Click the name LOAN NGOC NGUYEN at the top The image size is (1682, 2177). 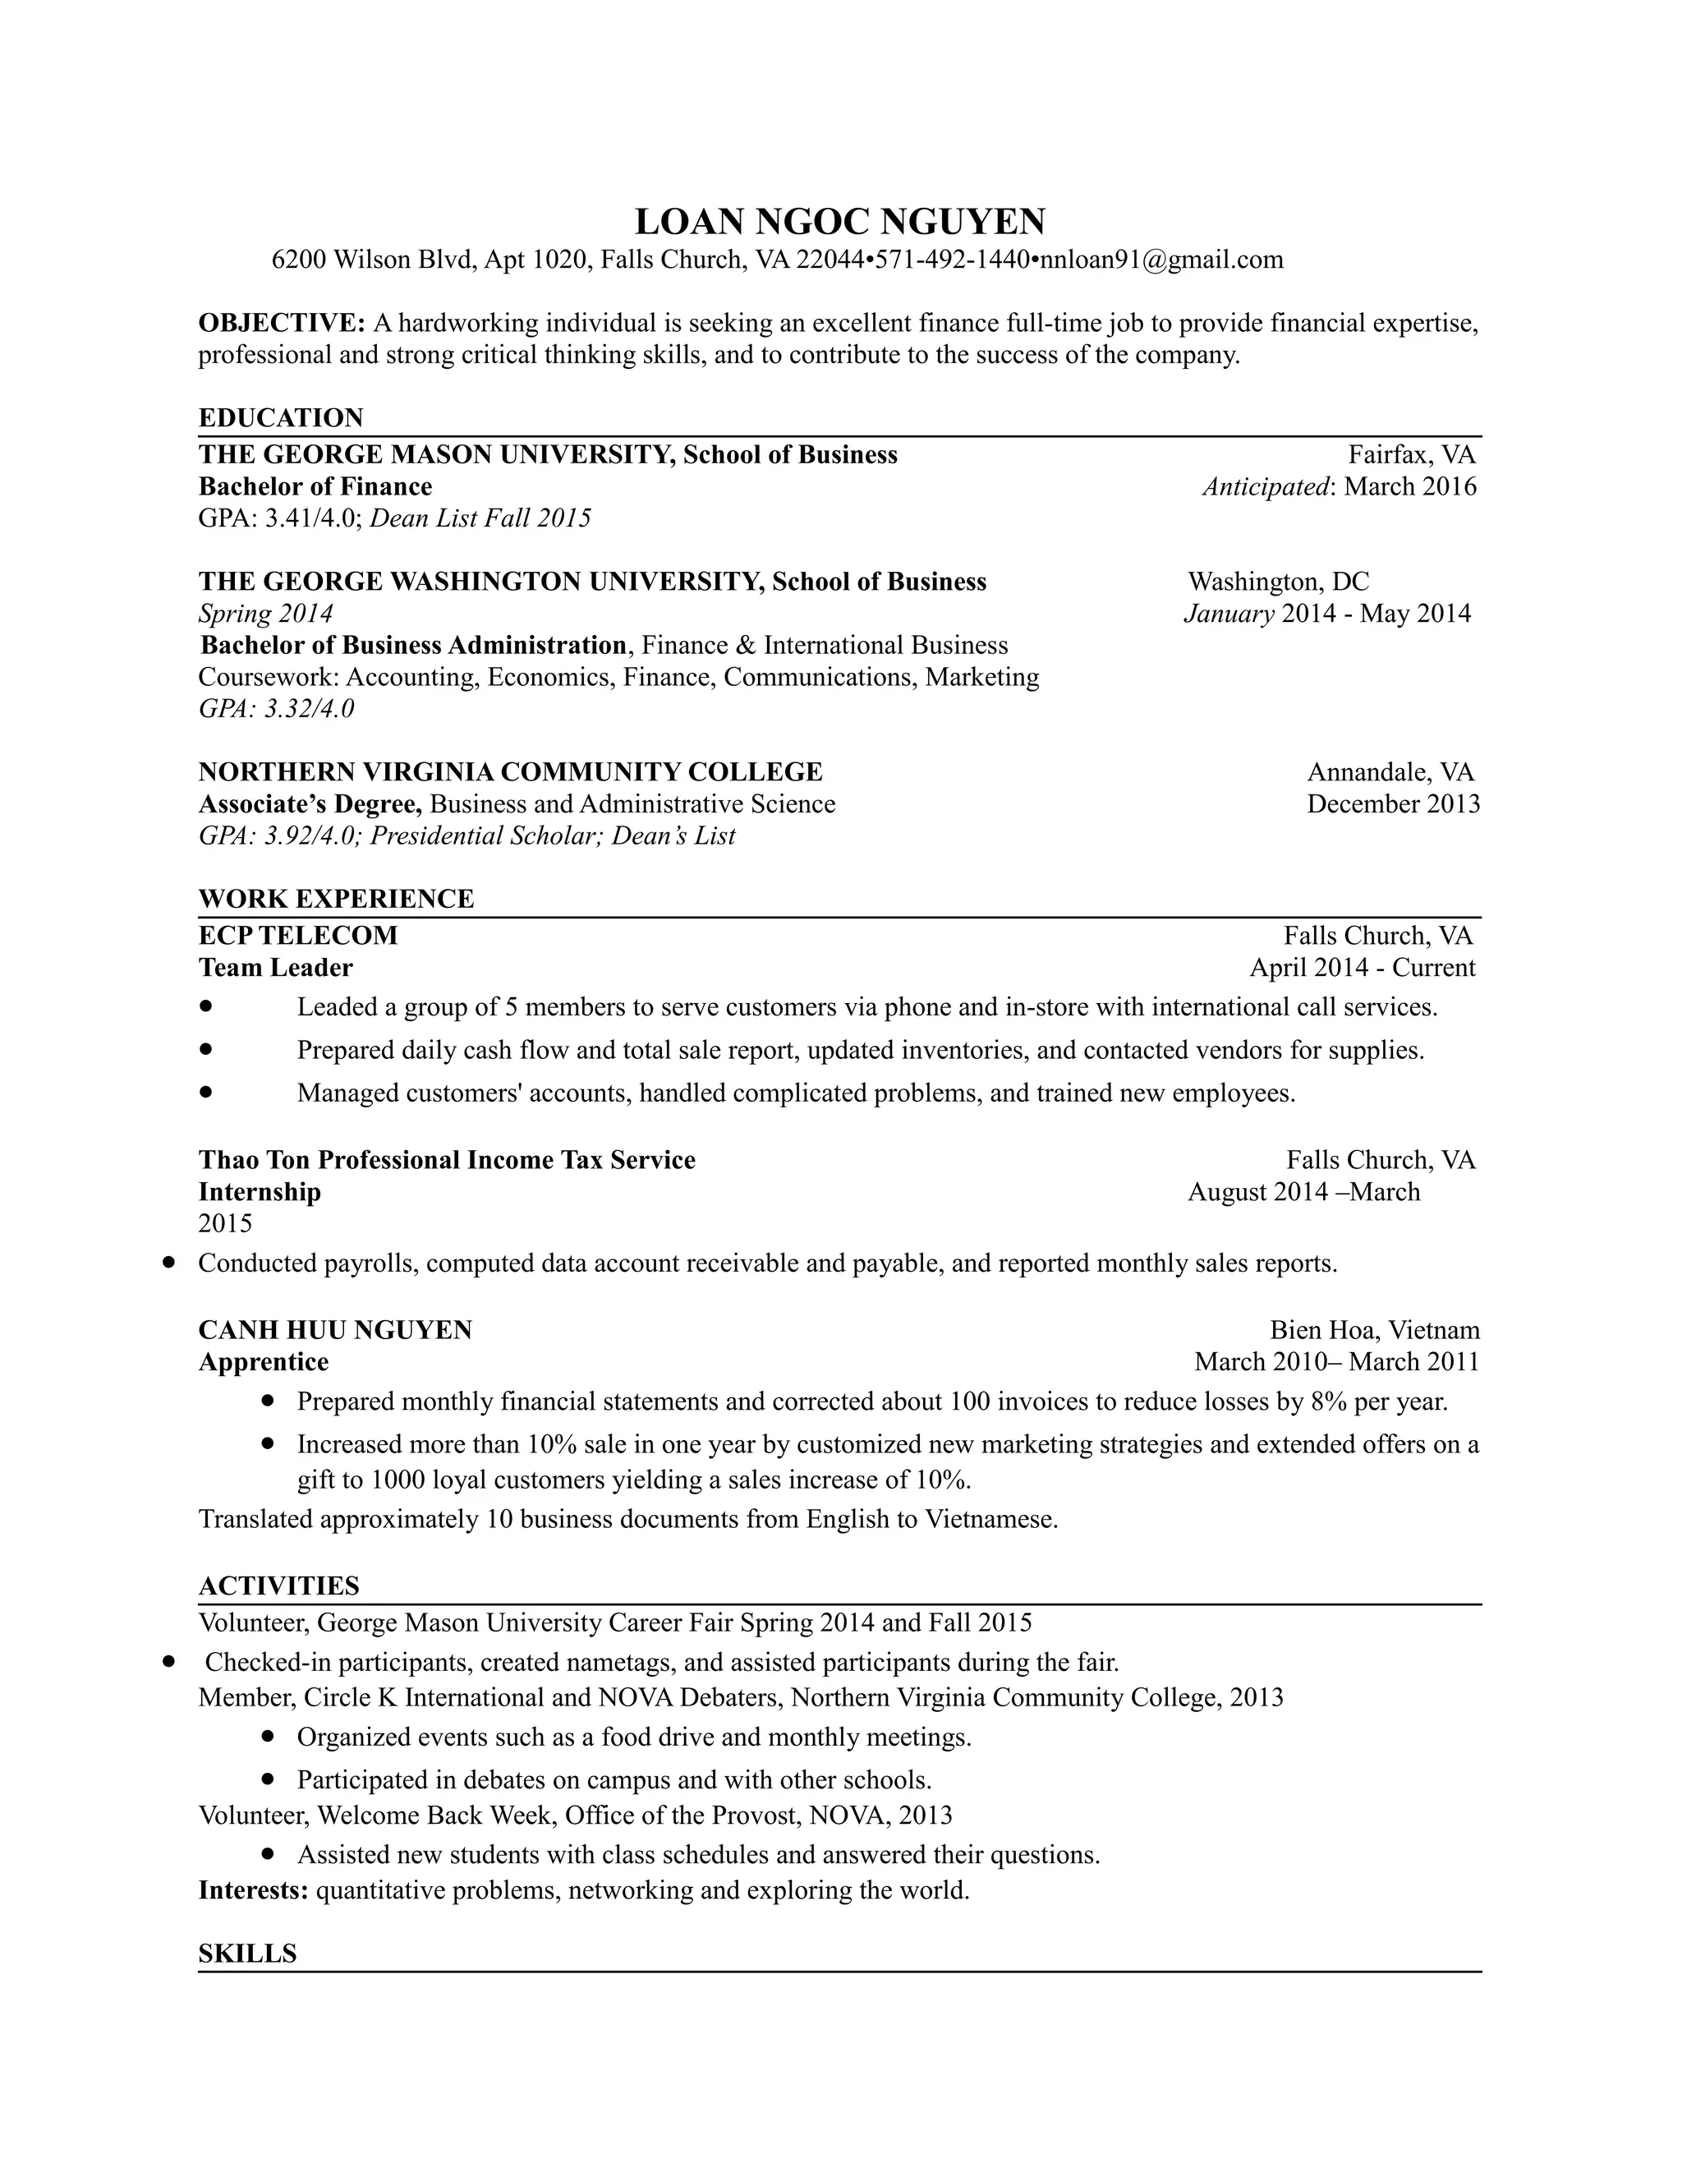(840, 220)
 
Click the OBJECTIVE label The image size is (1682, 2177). (281, 323)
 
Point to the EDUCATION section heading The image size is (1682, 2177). (281, 417)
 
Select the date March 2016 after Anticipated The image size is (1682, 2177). (1410, 486)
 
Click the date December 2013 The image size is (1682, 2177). (1393, 804)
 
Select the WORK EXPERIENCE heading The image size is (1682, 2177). (336, 899)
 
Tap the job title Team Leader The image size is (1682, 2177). (275, 968)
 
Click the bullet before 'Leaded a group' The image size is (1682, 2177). (206, 1007)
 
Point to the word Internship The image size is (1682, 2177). (259, 1192)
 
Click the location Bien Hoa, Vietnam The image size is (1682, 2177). (1374, 1331)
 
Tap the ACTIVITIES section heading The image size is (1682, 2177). (278, 1586)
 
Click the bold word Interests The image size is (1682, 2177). (252, 1891)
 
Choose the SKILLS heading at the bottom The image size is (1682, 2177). (247, 1954)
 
